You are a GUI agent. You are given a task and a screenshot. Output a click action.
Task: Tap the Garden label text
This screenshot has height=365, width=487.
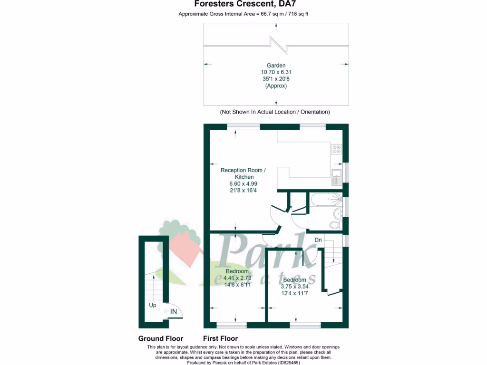[276, 66]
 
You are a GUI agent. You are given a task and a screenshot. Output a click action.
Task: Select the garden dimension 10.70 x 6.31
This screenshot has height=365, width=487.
[276, 72]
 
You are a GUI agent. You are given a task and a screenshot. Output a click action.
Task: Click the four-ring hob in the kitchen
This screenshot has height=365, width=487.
[337, 149]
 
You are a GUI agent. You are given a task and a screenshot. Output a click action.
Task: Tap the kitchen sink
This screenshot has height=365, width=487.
[336, 176]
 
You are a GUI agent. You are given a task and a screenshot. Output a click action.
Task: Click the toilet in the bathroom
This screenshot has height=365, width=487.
[335, 224]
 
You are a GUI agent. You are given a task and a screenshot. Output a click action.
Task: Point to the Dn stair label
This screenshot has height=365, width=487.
[318, 240]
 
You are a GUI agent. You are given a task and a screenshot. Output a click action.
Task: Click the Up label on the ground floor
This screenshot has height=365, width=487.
[153, 305]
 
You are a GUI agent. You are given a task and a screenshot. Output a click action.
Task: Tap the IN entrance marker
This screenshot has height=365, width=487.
[174, 312]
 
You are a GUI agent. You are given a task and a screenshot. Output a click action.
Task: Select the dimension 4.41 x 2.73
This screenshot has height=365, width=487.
[237, 278]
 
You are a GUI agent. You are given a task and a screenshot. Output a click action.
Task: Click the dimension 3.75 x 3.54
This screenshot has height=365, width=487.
[295, 287]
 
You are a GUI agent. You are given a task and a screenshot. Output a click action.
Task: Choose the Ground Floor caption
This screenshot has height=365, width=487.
[161, 339]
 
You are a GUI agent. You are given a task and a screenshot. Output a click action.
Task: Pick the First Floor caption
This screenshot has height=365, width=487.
[220, 339]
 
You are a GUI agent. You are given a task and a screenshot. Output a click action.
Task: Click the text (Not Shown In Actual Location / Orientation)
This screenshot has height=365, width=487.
[275, 112]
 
